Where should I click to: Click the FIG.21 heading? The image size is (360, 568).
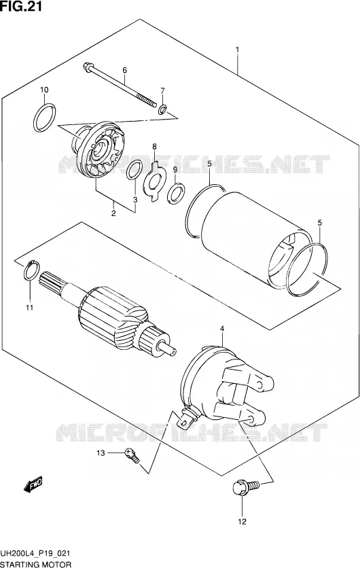pyautogui.click(x=21, y=6)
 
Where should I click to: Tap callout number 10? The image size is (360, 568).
pyautogui.click(x=44, y=90)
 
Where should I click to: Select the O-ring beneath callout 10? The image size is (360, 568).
pyautogui.click(x=45, y=118)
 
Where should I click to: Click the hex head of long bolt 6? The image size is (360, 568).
pyautogui.click(x=88, y=67)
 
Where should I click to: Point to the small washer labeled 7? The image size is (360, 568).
pyautogui.click(x=162, y=108)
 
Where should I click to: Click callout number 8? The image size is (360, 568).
pyautogui.click(x=154, y=147)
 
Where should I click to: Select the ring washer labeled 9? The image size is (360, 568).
pyautogui.click(x=177, y=194)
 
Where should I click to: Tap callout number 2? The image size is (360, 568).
pyautogui.click(x=113, y=213)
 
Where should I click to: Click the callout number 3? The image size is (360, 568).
pyautogui.click(x=135, y=200)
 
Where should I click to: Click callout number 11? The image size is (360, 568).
pyautogui.click(x=29, y=308)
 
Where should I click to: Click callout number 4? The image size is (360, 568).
pyautogui.click(x=222, y=329)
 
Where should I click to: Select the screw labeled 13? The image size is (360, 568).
pyautogui.click(x=132, y=455)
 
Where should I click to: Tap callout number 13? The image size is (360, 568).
pyautogui.click(x=101, y=453)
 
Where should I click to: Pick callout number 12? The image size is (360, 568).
pyautogui.click(x=242, y=522)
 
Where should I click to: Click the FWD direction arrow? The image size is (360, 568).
pyautogui.click(x=33, y=484)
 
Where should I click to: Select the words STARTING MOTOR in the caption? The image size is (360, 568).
pyautogui.click(x=36, y=564)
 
